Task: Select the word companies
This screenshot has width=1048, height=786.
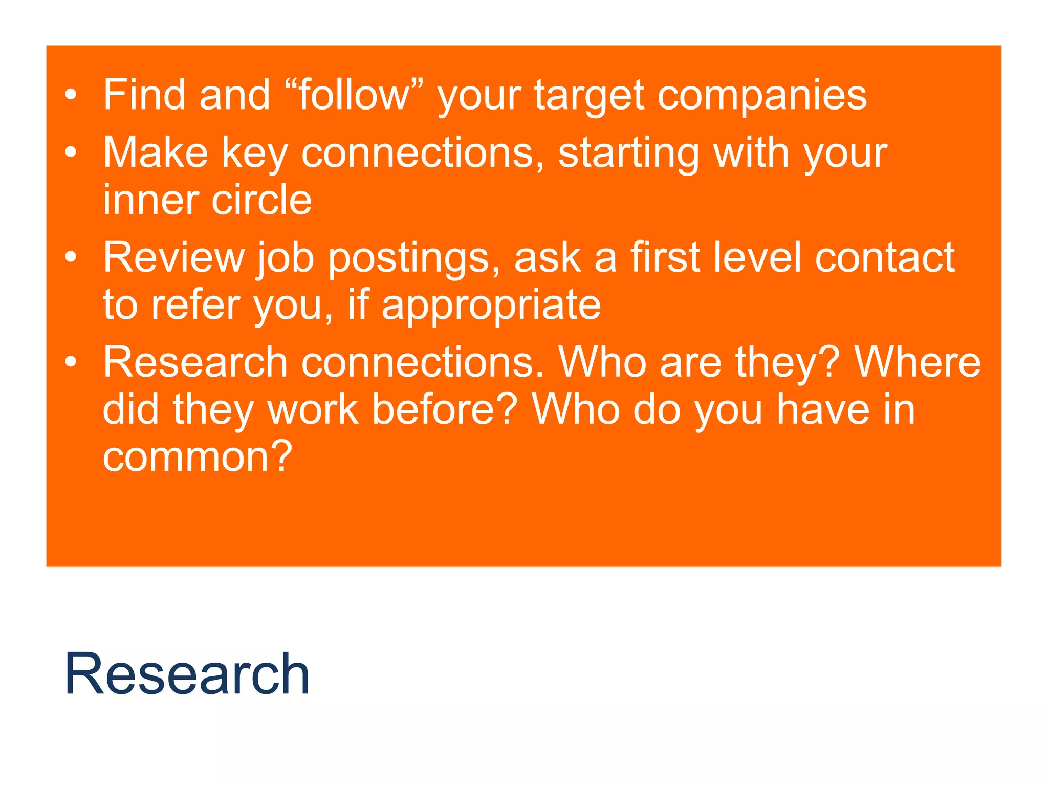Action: pyautogui.click(x=762, y=96)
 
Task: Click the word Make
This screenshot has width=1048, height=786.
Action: pyautogui.click(x=156, y=152)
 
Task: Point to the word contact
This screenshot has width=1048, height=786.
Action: pyautogui.click(x=885, y=257)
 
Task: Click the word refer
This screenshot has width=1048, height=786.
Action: pyautogui.click(x=195, y=304)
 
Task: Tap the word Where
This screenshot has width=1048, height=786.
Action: pyautogui.click(x=918, y=362)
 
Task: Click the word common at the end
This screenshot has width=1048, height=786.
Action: pyautogui.click(x=198, y=456)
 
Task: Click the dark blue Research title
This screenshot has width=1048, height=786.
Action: pyautogui.click(x=187, y=674)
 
